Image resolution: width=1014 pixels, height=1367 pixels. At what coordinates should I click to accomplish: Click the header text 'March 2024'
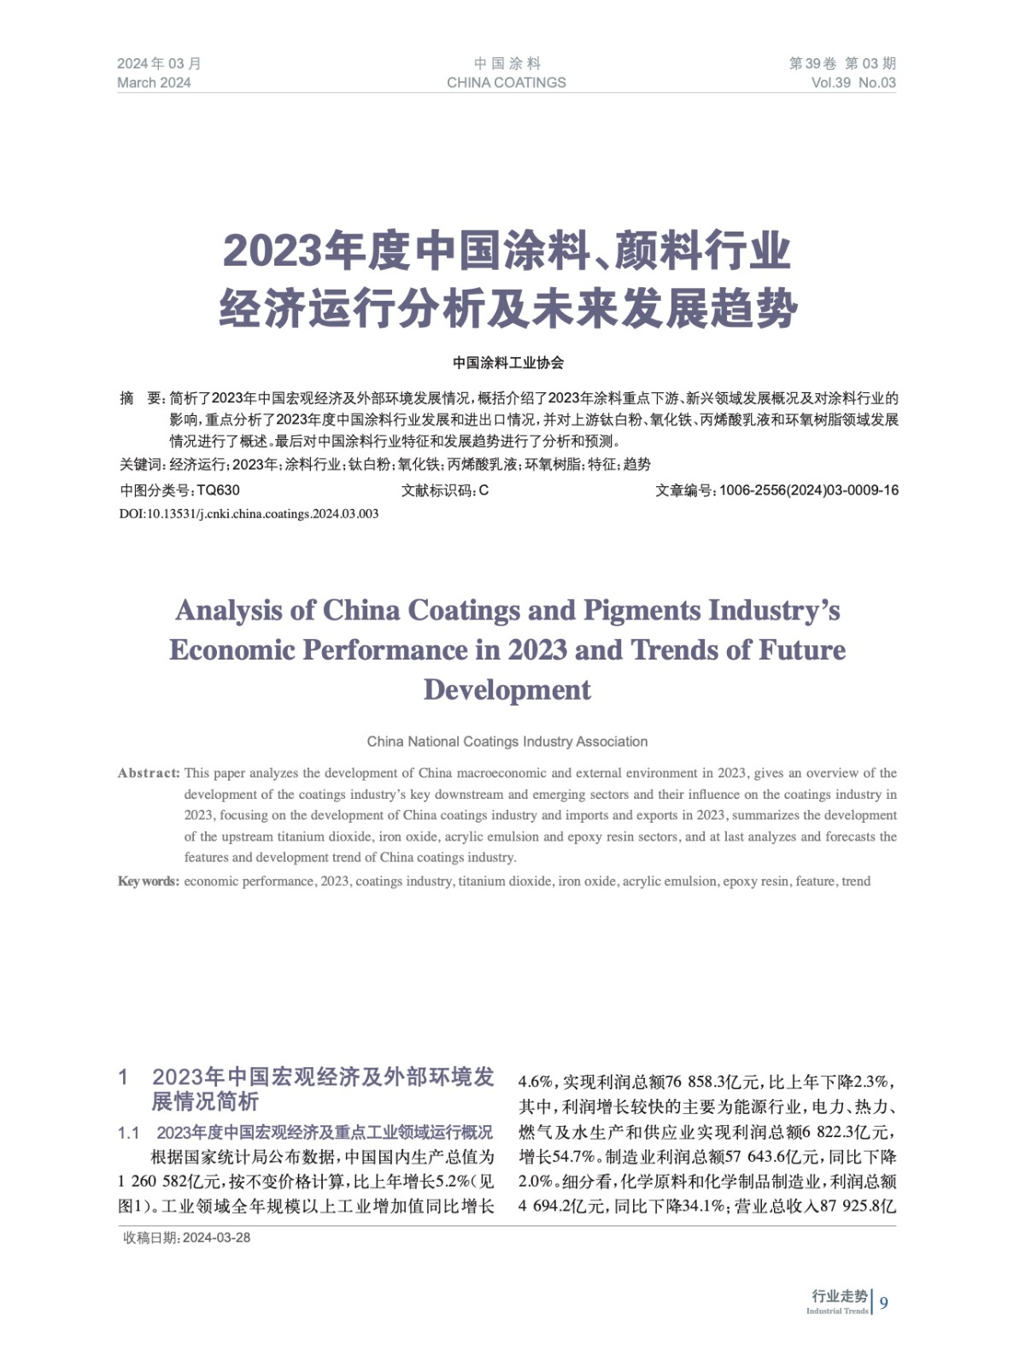[154, 83]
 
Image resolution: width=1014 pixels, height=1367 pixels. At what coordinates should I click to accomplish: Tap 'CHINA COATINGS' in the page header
[506, 83]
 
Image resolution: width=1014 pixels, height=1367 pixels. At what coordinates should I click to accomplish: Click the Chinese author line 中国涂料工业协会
[508, 363]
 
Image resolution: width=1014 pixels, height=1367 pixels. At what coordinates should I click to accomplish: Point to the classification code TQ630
[218, 490]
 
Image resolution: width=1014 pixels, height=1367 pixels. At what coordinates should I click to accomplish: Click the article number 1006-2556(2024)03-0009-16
[808, 490]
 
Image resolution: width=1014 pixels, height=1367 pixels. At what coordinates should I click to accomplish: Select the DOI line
[249, 513]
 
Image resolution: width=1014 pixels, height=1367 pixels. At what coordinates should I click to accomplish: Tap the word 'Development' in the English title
[507, 689]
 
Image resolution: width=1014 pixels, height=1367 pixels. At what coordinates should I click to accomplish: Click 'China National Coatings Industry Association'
[507, 742]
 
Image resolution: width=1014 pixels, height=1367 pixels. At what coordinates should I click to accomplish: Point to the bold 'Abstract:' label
[149, 773]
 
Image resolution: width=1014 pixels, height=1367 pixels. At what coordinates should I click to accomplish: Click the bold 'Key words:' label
[149, 881]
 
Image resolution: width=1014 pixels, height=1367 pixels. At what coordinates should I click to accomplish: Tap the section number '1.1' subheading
[129, 1133]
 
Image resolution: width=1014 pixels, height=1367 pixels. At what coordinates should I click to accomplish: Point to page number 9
[883, 1303]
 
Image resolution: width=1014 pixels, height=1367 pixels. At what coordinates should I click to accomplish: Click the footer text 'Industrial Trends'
[836, 1311]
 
